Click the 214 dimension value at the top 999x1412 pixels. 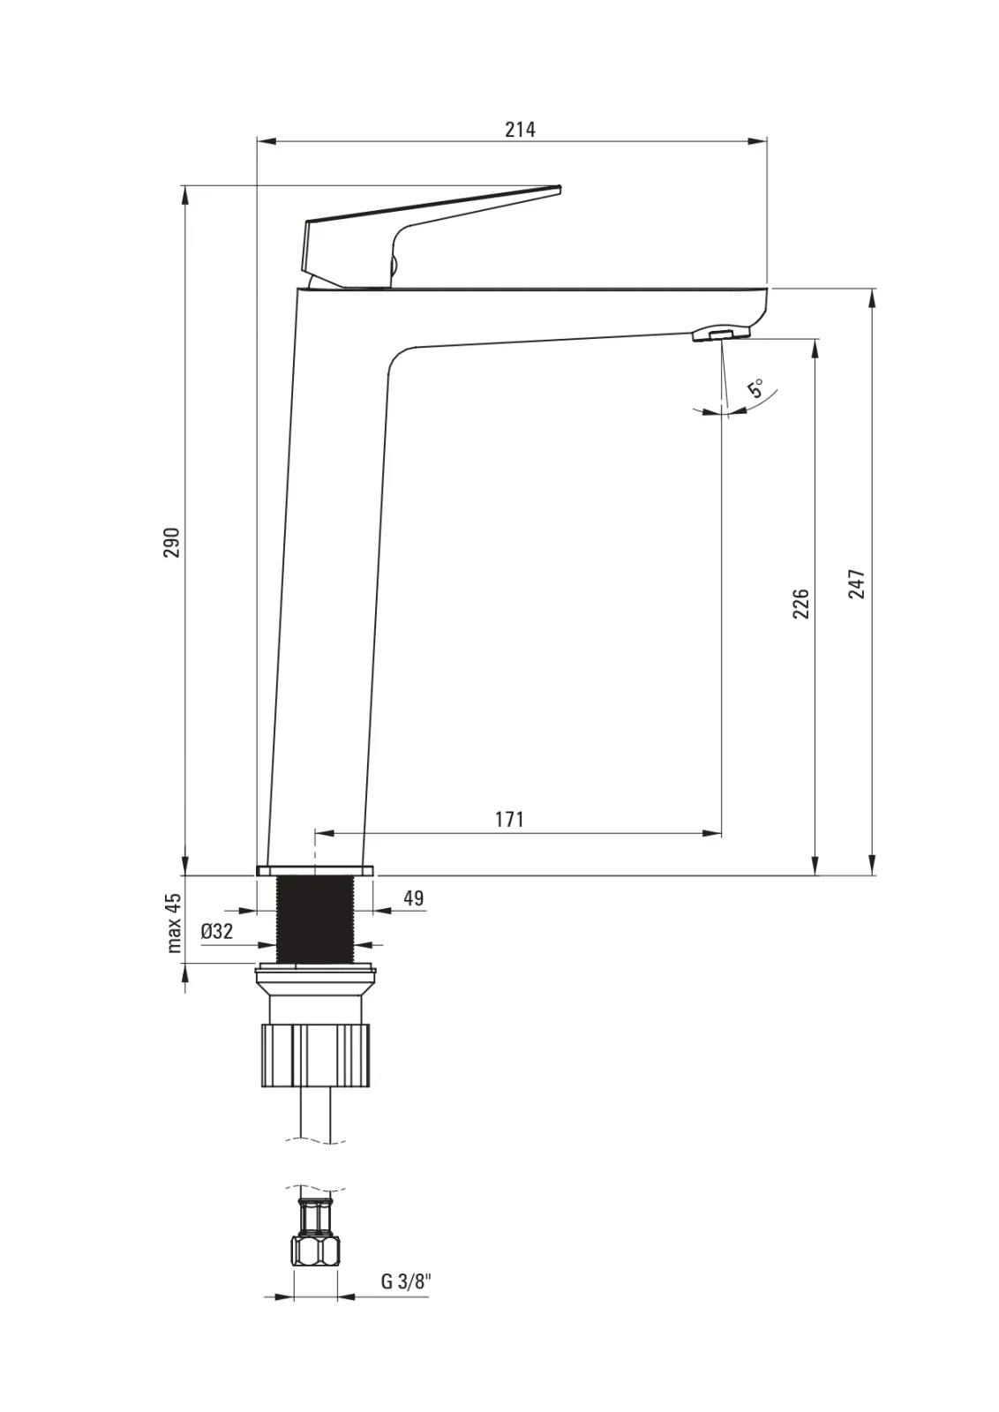tap(520, 129)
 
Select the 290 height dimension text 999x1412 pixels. tap(172, 542)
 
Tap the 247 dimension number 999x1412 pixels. tap(857, 583)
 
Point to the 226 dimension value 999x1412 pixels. tap(800, 604)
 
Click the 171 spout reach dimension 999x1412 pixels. tap(509, 819)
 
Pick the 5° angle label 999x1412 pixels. tap(755, 387)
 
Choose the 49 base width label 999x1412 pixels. tap(414, 898)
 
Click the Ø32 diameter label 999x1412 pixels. tap(217, 931)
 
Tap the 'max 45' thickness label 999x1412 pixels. tap(173, 922)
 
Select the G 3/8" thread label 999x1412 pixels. tap(407, 1281)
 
